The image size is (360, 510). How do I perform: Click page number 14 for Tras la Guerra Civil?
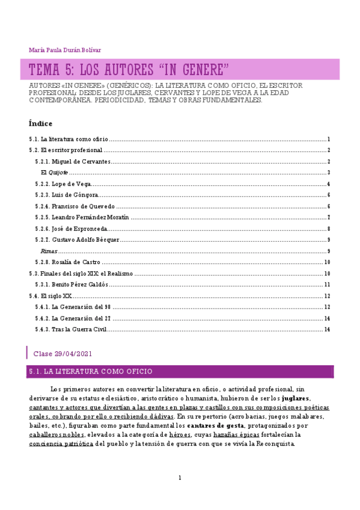click(327, 329)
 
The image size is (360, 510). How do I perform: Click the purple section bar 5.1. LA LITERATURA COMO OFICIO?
click(180, 372)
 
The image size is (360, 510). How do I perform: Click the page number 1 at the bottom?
click(180, 478)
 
